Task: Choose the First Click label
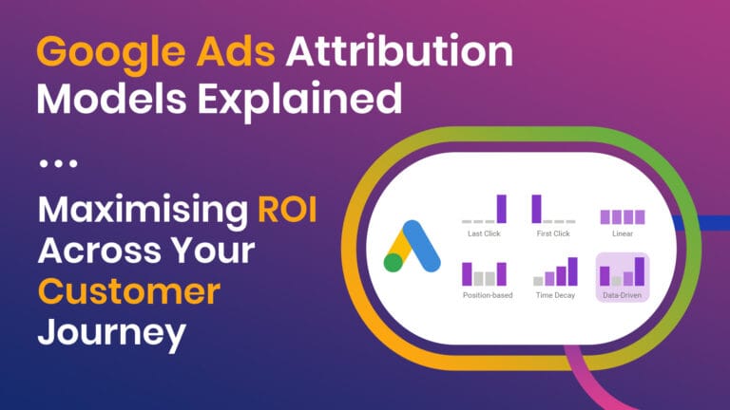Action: pos(553,233)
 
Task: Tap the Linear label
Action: pos(622,233)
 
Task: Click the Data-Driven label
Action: pos(622,295)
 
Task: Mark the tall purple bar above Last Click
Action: pos(502,209)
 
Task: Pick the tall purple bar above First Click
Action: pos(536,209)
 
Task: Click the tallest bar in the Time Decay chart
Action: pos(572,271)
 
